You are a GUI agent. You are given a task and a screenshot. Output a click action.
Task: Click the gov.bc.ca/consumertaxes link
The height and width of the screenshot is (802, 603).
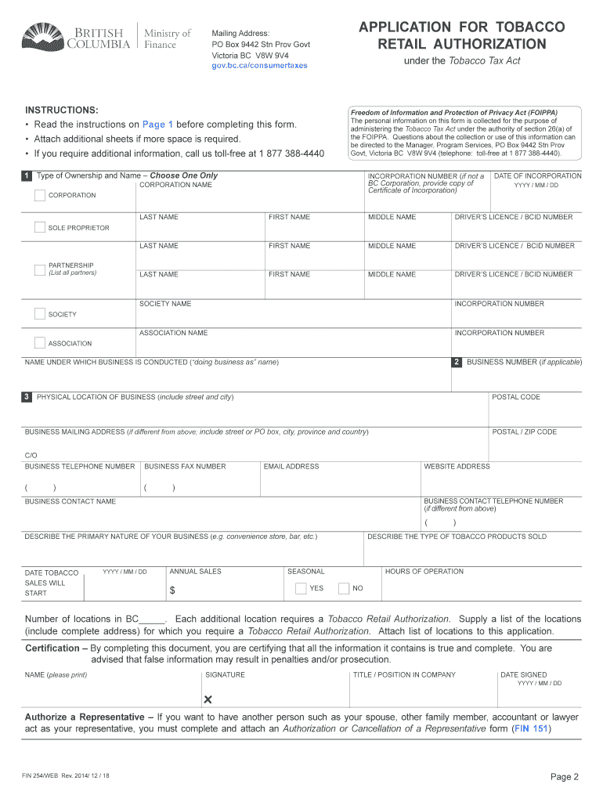tap(259, 66)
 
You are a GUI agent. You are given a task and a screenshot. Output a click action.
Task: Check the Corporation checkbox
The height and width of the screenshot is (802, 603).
tap(40, 195)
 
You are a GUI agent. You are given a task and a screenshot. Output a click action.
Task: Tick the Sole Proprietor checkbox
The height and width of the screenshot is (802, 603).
tap(40, 228)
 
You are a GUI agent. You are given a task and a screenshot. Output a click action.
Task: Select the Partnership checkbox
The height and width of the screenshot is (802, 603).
tap(40, 270)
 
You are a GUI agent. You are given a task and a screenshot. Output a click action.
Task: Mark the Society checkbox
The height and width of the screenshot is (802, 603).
tap(40, 314)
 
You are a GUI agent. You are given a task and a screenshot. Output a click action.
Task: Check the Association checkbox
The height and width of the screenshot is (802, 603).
tap(40, 343)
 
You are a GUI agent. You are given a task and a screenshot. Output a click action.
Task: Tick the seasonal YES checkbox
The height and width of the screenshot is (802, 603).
tap(301, 588)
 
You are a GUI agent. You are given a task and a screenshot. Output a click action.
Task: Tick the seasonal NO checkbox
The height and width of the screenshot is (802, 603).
tap(344, 588)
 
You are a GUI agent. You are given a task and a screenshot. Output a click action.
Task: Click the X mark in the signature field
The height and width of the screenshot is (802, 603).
tap(208, 699)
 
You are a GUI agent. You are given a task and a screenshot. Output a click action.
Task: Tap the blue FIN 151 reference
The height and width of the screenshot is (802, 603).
tap(530, 729)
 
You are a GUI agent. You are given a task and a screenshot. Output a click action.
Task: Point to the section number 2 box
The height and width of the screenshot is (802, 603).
tap(457, 362)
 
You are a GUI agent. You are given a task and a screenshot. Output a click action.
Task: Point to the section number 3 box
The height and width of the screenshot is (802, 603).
tap(27, 397)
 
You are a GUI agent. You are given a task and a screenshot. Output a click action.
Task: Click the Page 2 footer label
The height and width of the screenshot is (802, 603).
tap(564, 777)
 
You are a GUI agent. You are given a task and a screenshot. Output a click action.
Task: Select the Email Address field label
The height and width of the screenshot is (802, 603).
tap(291, 467)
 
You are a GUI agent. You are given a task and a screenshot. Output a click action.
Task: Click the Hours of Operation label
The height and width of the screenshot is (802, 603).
tap(424, 572)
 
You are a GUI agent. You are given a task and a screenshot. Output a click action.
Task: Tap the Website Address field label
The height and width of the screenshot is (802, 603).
tap(457, 467)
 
